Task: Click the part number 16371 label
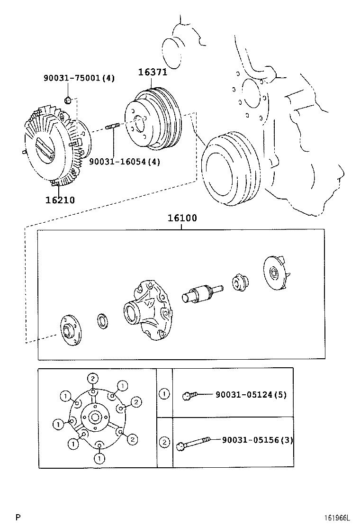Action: pos(153,72)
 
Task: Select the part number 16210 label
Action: pos(60,200)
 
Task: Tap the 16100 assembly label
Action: pos(182,218)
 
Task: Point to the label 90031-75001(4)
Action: pos(79,78)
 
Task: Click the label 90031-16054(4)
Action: pos(125,162)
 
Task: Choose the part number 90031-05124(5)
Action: pos(251,394)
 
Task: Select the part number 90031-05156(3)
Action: pos(257,440)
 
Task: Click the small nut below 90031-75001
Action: pos(68,100)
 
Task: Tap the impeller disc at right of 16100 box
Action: pos(275,274)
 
